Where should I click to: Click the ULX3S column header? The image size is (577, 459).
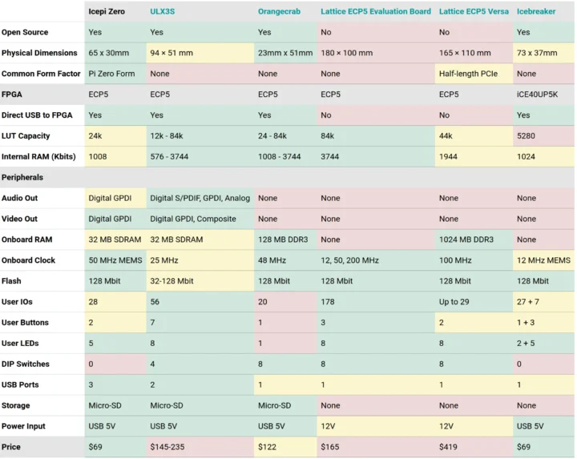164,11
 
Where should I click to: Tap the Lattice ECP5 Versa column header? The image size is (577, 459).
473,11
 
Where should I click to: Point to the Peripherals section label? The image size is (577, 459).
22,177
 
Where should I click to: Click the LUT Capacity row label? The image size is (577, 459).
26,136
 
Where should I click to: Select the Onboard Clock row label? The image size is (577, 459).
28,260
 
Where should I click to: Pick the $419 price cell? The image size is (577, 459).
449,447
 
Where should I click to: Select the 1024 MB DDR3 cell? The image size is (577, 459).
466,240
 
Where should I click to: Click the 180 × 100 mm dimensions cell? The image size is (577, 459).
347,53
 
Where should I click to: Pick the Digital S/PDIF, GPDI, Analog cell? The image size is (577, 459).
200,198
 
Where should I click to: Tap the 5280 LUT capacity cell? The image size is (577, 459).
526,136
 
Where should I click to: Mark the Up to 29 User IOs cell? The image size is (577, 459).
454,302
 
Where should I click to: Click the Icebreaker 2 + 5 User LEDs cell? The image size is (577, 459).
527,344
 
